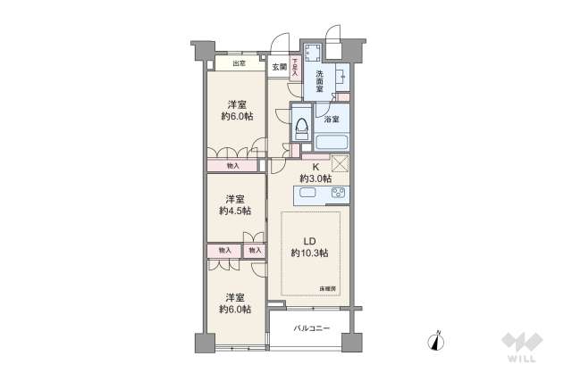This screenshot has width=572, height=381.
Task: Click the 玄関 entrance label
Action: click(x=279, y=67)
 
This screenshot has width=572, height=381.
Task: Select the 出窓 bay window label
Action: click(x=239, y=64)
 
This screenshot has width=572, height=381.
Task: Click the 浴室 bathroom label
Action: click(x=331, y=119)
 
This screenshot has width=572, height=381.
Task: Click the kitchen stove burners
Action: click(x=339, y=193)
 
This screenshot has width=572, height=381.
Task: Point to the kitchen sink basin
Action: click(x=308, y=193)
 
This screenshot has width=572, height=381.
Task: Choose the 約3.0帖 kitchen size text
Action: click(x=315, y=178)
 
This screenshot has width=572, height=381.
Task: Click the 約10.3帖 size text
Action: click(x=309, y=253)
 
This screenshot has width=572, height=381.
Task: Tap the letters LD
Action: click(x=309, y=241)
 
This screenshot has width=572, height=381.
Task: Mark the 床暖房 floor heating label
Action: click(x=328, y=288)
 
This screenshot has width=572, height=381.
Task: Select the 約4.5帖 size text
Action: click(x=235, y=211)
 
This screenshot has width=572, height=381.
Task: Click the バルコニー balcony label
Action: click(x=312, y=328)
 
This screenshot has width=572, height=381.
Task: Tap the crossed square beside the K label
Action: click(x=339, y=163)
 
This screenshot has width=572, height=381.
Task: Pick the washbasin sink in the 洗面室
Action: click(x=342, y=78)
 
